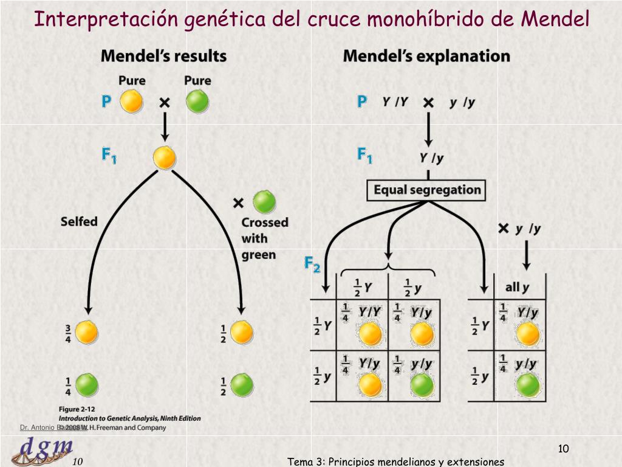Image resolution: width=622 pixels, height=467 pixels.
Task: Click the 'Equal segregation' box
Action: (x=426, y=190)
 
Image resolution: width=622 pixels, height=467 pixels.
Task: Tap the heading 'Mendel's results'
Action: (x=163, y=57)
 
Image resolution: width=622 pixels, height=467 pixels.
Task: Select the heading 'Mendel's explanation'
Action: (x=426, y=57)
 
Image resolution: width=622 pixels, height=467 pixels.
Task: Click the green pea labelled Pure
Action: (x=197, y=101)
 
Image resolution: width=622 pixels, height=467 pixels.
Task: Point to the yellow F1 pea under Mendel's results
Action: (x=164, y=157)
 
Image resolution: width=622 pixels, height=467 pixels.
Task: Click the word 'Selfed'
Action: (x=79, y=221)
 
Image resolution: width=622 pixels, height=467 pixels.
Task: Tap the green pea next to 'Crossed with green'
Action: (x=264, y=202)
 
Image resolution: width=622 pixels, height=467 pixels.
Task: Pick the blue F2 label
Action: (x=312, y=265)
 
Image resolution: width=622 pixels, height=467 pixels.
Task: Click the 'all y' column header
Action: (x=517, y=286)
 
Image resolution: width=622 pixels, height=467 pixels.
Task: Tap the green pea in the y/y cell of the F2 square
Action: (x=422, y=385)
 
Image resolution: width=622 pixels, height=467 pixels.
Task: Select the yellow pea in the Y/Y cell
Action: (x=370, y=334)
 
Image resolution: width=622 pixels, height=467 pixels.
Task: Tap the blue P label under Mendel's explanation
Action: (x=362, y=102)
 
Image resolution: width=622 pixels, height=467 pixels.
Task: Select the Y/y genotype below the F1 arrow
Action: (x=431, y=158)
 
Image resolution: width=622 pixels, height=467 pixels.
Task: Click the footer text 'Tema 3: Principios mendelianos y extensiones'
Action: (x=395, y=462)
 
